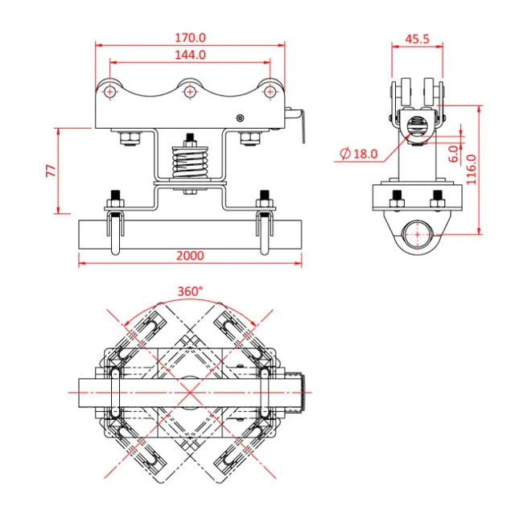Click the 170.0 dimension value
coord(191,37)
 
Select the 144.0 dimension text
coord(191,55)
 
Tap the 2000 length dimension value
coord(190,255)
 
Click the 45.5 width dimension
coord(417,38)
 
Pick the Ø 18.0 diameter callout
coord(359,153)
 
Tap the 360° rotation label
coord(190,291)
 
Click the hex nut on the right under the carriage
coord(250,140)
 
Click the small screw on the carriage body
coord(240,118)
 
